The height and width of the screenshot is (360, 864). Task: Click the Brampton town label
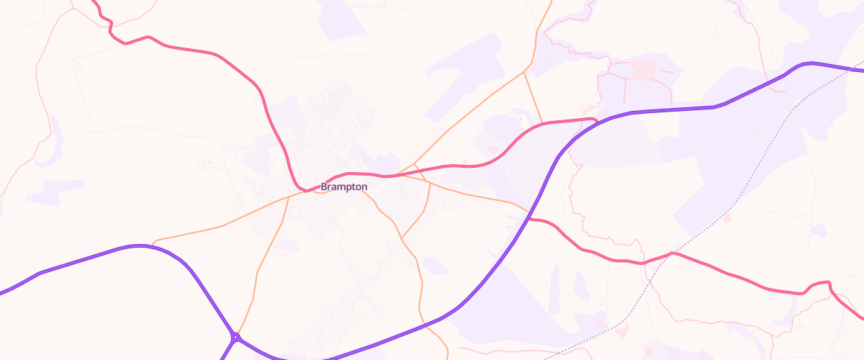[344, 187]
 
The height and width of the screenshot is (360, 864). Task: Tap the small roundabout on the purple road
[235, 336]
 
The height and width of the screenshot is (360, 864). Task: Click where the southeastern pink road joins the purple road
[530, 219]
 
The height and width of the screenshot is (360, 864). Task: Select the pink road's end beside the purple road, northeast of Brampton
[595, 120]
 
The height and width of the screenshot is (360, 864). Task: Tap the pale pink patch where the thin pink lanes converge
[641, 70]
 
